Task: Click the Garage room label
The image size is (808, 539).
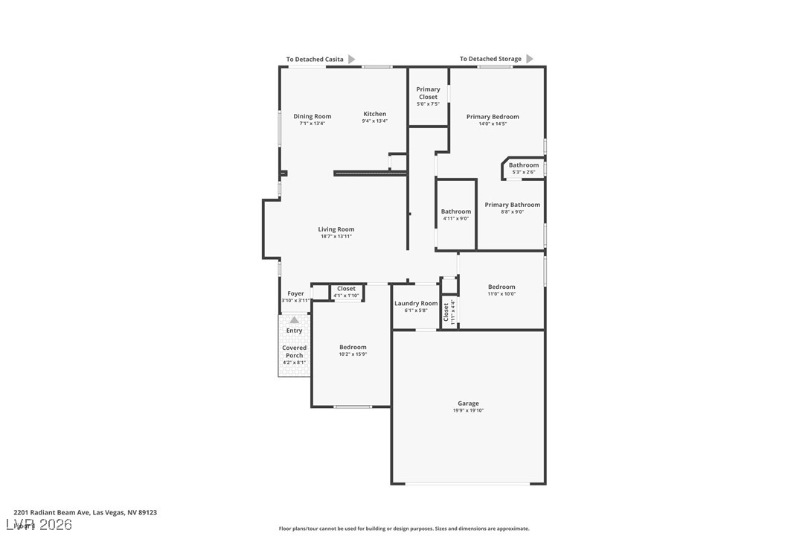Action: pos(468,404)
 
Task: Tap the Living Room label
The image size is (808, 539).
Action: pos(336,229)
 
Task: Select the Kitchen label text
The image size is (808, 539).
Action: pos(374,114)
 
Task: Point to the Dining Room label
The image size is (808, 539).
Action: pos(312,116)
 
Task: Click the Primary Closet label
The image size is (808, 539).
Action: pos(428,93)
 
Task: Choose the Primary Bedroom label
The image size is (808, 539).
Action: pos(493,117)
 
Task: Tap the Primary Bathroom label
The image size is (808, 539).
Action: pos(512,205)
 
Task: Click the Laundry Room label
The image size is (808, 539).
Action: pos(416,303)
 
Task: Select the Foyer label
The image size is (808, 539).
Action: pos(295,293)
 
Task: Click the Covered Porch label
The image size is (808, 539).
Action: pos(294,351)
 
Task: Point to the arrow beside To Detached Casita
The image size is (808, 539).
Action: pos(352,60)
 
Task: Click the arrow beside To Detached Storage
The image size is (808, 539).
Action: pos(530,59)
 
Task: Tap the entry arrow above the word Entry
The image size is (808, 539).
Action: pos(294,320)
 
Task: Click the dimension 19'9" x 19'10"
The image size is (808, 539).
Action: pos(468,410)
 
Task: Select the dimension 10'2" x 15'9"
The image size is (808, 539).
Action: pos(353,354)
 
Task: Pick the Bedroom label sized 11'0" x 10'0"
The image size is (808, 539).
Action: pos(501,287)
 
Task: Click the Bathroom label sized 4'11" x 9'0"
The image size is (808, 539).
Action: pos(455,211)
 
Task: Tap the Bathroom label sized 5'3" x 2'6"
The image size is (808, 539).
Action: pos(524,165)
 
